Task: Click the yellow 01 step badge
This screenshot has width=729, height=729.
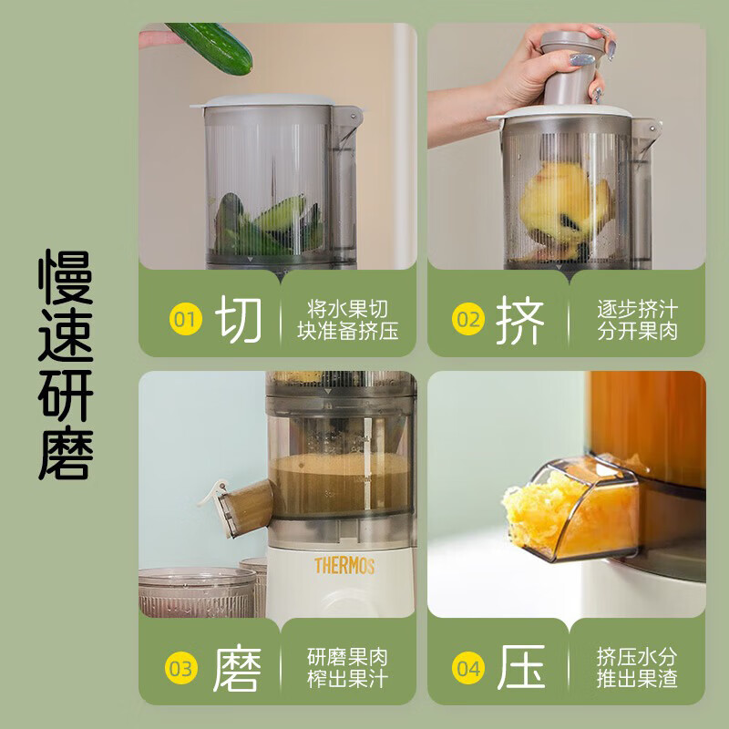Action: pos(186,320)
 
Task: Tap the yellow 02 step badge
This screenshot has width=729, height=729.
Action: pos(468,320)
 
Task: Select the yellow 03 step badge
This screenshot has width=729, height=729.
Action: pos(181,668)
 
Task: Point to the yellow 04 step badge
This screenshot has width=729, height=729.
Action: pos(468,668)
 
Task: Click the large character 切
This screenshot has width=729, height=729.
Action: pos(239,320)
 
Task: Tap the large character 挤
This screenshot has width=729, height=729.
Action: pos(520,320)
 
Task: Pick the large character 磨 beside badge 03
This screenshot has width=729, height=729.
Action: pos(237,668)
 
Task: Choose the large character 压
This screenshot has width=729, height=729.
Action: pos(521,668)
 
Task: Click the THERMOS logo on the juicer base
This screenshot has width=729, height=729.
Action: pos(344,566)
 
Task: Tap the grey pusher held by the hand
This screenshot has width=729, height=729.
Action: pos(572,67)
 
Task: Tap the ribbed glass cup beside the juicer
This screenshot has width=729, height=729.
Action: pos(197,592)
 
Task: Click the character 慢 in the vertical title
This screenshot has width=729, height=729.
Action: pos(66,277)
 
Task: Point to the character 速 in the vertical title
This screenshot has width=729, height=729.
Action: pos(66,335)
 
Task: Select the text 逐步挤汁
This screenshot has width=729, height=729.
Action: pos(637,309)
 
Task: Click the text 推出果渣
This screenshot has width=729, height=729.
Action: pos(637,679)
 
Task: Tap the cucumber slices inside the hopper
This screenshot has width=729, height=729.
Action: pos(269,225)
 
